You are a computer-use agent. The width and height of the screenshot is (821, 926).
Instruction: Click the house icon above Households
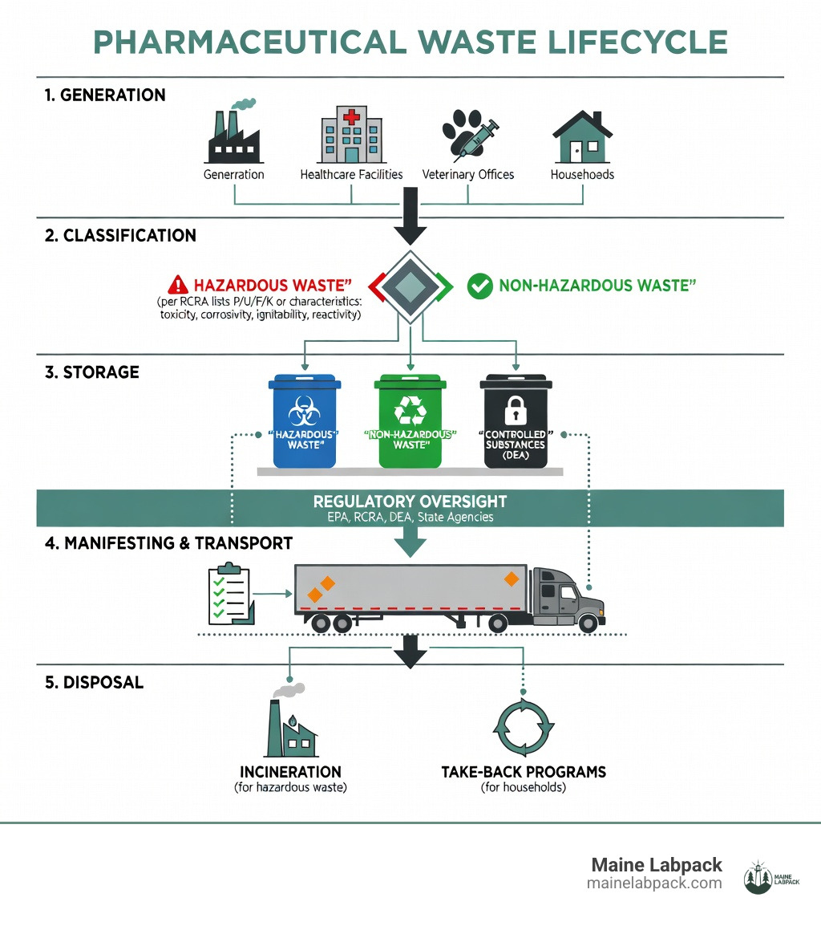pyautogui.click(x=582, y=137)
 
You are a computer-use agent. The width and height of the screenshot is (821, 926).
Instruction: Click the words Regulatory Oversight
pyautogui.click(x=410, y=502)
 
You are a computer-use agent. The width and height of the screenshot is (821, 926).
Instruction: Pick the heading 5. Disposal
pyautogui.click(x=93, y=683)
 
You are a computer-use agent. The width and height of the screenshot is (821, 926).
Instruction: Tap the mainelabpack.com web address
pyautogui.click(x=654, y=883)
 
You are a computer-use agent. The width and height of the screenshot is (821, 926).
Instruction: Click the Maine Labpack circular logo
pyautogui.click(x=758, y=875)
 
